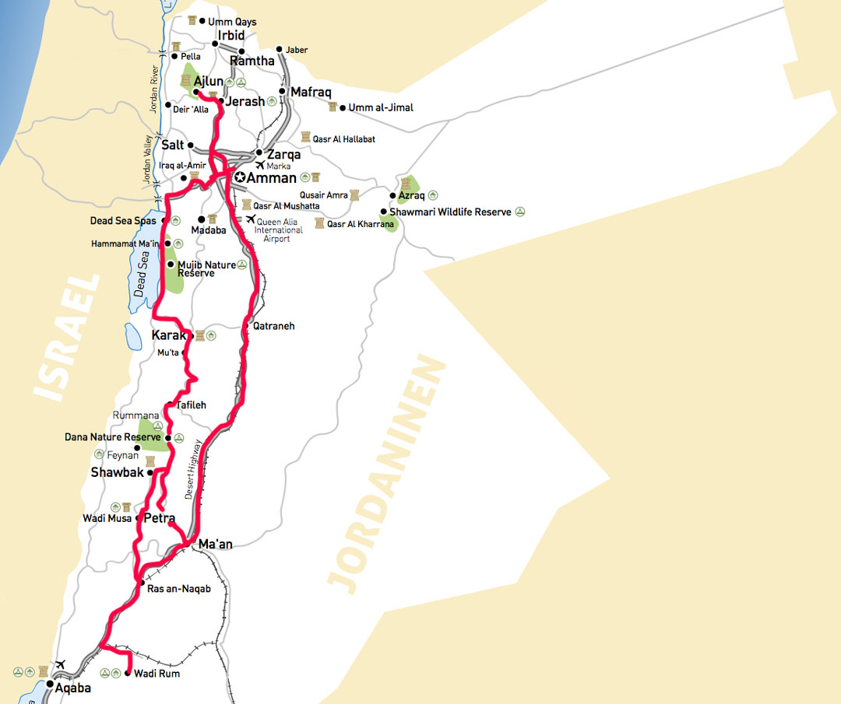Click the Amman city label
pos(272,178)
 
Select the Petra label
pos(160,518)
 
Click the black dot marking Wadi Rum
pos(128,674)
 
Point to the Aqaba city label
pos(73,688)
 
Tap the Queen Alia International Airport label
pos(278,229)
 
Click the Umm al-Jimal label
pos(382,107)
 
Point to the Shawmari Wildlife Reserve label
pos(451,212)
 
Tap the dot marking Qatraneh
pos(246,325)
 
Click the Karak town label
pos(169,336)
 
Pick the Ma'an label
pos(216,545)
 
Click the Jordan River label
pos(154,89)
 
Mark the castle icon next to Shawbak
pos(150,461)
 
